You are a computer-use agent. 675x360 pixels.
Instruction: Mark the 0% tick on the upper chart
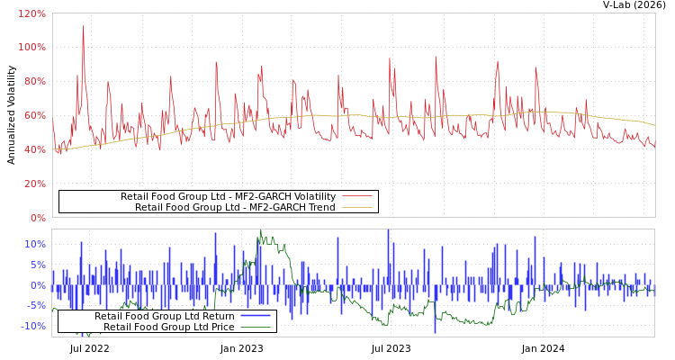[x=37, y=218]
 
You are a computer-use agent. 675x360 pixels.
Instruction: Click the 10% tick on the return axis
[x=35, y=244]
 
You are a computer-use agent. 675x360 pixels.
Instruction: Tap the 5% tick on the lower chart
[x=37, y=265]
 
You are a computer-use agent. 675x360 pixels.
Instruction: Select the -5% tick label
[x=35, y=306]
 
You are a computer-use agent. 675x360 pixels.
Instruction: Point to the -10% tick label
[x=32, y=327]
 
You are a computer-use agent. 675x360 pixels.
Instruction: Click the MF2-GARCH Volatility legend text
[x=228, y=196]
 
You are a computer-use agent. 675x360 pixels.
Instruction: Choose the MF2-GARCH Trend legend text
[x=235, y=207]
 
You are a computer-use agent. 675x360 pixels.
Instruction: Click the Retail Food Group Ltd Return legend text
[x=164, y=316]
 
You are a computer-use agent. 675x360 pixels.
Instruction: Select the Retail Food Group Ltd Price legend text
[x=168, y=327]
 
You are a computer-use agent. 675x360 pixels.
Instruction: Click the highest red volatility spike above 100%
[x=83, y=25]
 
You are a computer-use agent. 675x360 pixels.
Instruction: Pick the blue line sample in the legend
[x=256, y=316]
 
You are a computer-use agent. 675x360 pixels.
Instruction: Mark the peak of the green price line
[x=261, y=231]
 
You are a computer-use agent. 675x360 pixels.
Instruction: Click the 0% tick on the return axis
[x=37, y=285]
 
